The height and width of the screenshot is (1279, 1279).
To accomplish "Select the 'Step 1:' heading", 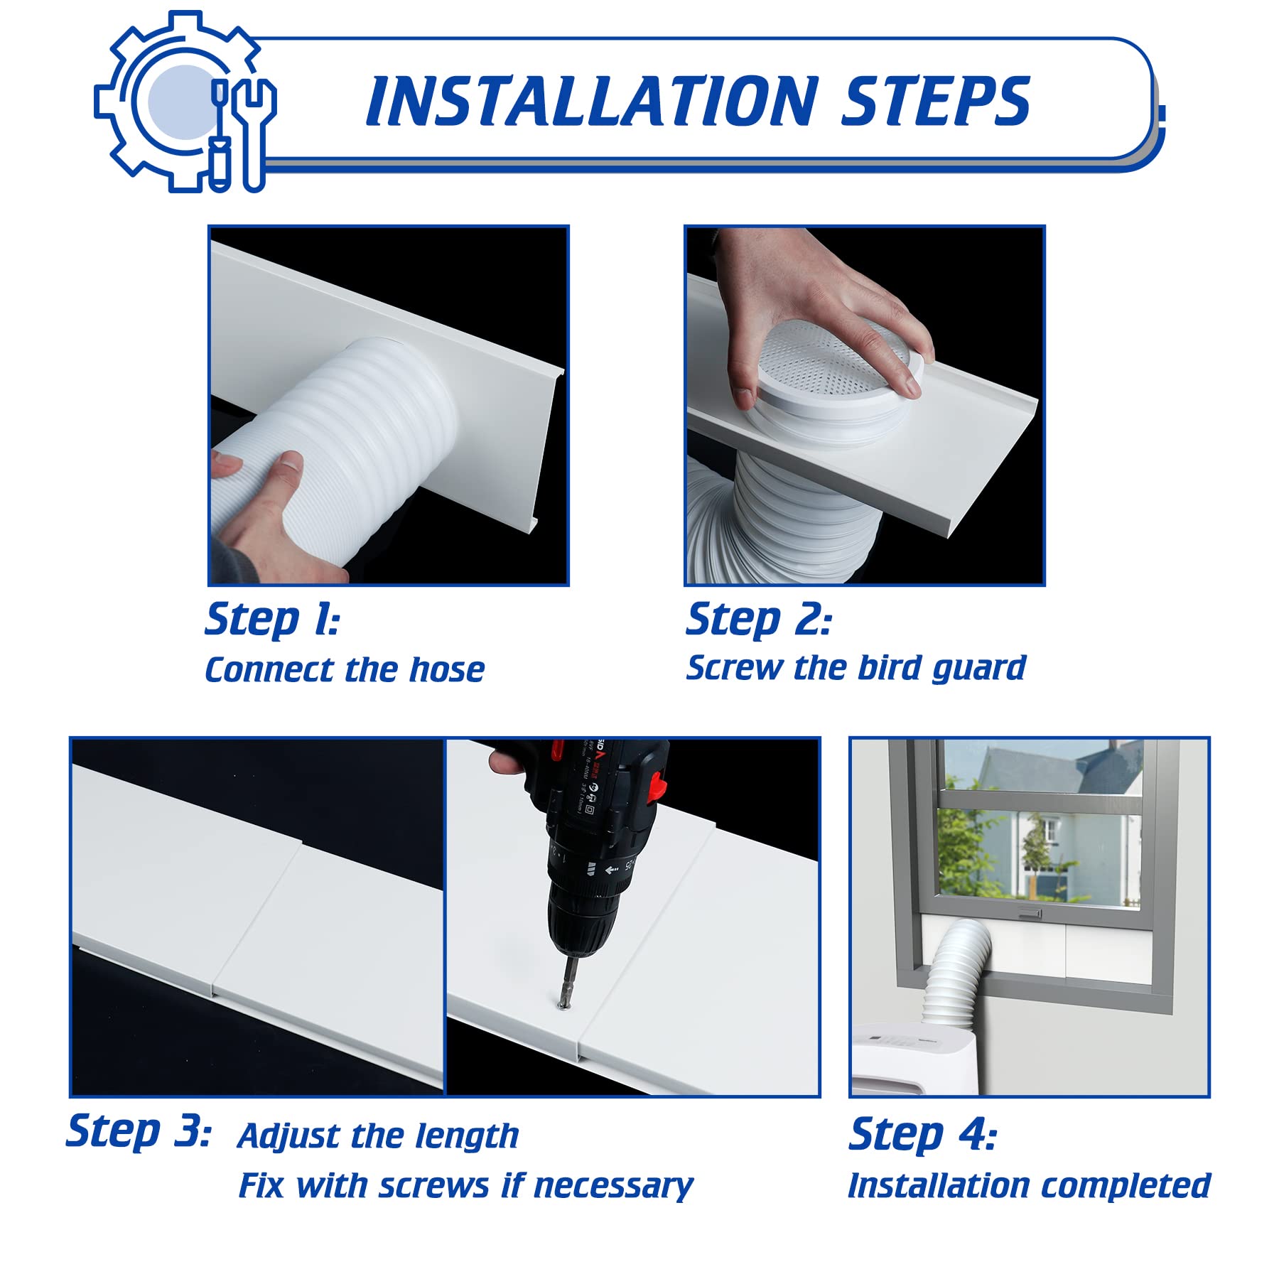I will (x=272, y=620).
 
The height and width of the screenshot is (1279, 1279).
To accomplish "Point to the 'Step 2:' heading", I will (x=758, y=620).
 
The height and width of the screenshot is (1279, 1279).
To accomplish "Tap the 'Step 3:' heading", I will (x=139, y=1131).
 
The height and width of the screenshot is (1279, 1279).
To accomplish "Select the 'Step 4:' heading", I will (x=922, y=1134).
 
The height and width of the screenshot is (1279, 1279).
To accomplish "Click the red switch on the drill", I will (x=659, y=784).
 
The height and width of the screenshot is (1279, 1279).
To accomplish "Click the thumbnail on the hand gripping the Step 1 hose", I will (x=291, y=465).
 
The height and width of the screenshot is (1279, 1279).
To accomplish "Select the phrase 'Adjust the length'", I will (x=378, y=1136).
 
